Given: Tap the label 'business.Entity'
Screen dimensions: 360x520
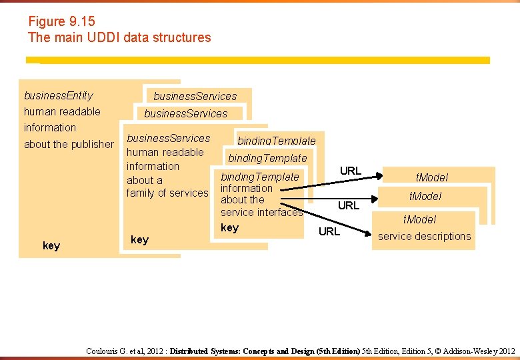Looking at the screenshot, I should (59, 95).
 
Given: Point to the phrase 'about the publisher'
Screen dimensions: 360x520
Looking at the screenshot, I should (69, 144).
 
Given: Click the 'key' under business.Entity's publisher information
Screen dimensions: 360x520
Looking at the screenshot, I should (51, 246).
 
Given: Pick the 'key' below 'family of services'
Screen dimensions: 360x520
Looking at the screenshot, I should (139, 240).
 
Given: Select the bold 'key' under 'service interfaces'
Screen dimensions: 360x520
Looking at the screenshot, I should (229, 228).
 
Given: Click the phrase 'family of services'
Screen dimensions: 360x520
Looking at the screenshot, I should (167, 193).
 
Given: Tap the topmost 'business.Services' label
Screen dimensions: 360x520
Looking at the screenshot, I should (195, 96).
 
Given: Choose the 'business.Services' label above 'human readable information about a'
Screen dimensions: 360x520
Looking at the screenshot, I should (168, 138).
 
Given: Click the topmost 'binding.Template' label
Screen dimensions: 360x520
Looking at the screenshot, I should (277, 141).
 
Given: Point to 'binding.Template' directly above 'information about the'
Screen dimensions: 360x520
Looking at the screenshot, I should (260, 177).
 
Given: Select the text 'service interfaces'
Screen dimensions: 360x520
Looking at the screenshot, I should (261, 213).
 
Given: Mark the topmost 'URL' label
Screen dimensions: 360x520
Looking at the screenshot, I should (351, 171).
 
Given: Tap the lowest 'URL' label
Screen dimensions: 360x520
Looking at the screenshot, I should (329, 231).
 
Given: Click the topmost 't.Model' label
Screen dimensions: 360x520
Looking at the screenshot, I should (432, 177).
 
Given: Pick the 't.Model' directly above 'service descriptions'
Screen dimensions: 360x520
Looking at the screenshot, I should (419, 219).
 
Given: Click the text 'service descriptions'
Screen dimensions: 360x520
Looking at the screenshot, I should (424, 236).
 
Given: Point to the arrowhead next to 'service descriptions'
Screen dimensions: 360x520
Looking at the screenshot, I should (370, 233).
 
